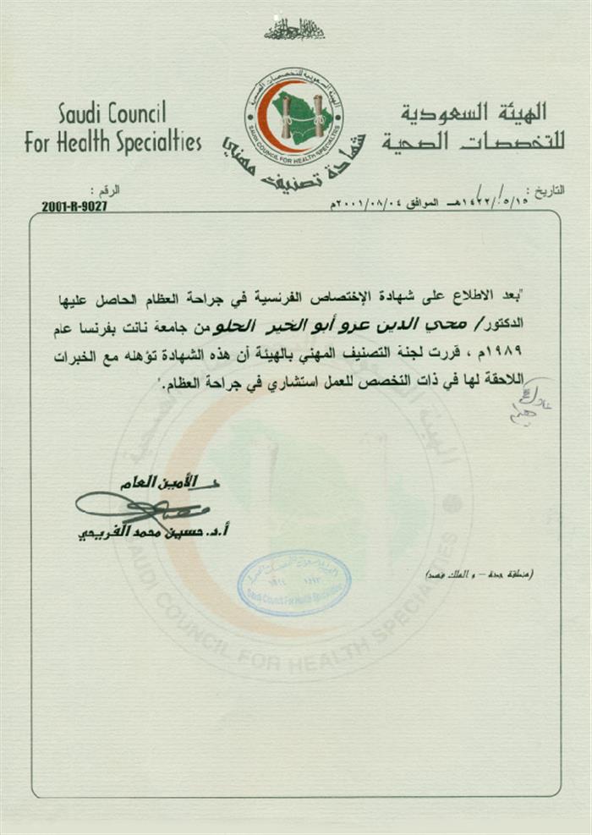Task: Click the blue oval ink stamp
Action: pyautogui.click(x=293, y=583)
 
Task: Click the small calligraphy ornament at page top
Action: pyautogui.click(x=294, y=30)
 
